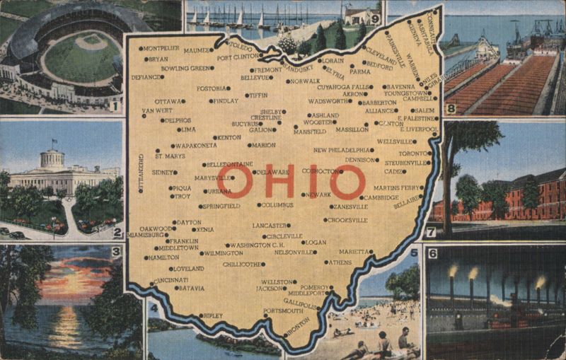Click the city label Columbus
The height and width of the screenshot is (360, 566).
point(277,205)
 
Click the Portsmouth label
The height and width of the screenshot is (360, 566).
point(282,310)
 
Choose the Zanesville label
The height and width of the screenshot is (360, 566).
point(350,207)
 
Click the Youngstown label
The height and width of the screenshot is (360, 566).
point(405,93)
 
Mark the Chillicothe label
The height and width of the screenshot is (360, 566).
point(243,264)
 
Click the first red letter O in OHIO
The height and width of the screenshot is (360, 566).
point(234,182)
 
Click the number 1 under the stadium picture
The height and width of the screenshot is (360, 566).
point(114,106)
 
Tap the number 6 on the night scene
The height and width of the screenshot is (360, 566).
point(433,252)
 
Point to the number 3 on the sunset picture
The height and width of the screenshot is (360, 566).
point(115,251)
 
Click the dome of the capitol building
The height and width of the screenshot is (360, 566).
point(52,157)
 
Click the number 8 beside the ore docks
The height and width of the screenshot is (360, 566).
point(451,108)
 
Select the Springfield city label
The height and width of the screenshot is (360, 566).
point(221,206)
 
